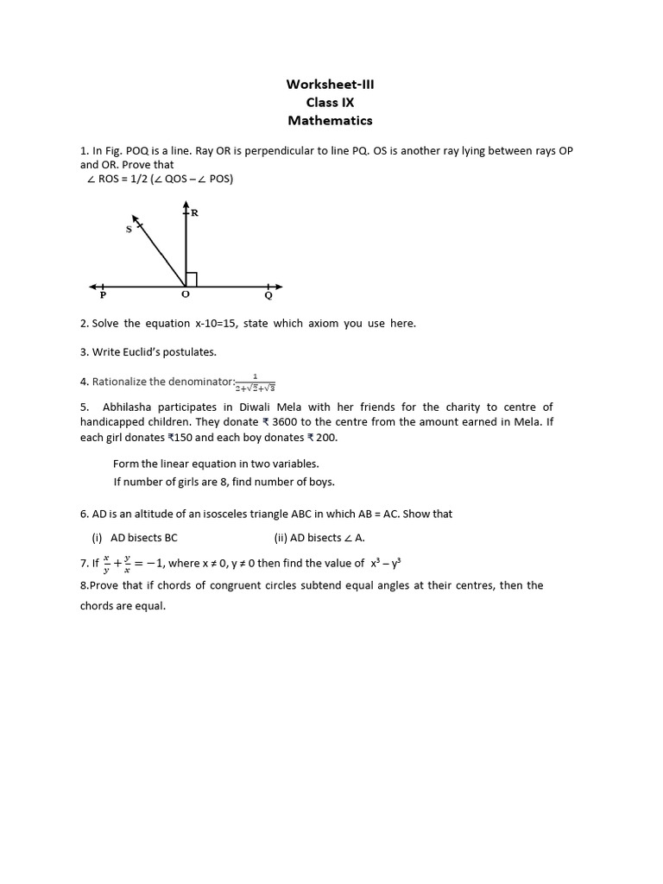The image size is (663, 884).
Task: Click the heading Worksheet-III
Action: click(x=331, y=84)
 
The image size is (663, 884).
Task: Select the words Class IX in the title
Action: click(x=331, y=102)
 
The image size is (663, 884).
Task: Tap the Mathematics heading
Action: click(x=331, y=121)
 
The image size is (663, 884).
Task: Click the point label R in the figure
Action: click(x=194, y=212)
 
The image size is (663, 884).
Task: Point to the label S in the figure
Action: click(x=129, y=230)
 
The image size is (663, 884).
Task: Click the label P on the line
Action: click(x=103, y=295)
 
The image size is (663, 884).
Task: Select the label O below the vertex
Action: click(x=185, y=295)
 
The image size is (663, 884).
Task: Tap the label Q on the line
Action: click(x=268, y=295)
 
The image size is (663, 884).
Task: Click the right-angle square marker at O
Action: click(x=192, y=279)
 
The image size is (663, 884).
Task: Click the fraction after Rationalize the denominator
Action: click(x=255, y=382)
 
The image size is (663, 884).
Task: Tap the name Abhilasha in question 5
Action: click(x=132, y=407)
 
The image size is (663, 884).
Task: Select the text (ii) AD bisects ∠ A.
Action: click(x=319, y=537)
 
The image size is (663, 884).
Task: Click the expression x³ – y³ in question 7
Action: click(x=386, y=563)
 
